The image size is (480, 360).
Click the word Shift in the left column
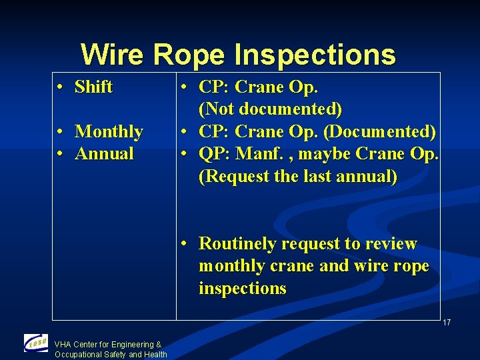[93, 87]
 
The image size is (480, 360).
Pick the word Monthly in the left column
[109, 132]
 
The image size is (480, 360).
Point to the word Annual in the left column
[104, 154]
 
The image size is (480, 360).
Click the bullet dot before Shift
[60, 87]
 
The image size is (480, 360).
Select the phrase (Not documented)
[270, 109]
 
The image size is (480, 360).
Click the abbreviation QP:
[214, 154]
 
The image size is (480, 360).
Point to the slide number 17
[446, 323]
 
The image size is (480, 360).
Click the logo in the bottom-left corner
[35, 343]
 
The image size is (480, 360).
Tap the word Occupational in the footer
[78, 354]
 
